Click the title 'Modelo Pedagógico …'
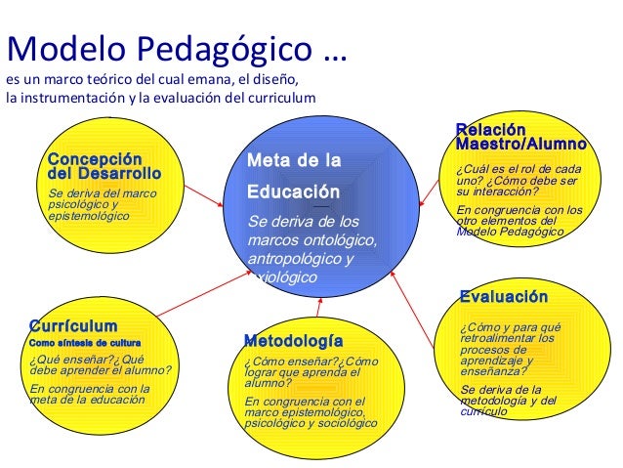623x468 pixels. click(x=177, y=46)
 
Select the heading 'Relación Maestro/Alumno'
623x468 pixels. click(x=520, y=138)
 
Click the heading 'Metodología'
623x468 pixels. click(x=293, y=341)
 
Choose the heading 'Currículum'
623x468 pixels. click(x=73, y=326)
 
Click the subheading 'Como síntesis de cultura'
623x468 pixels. click(x=85, y=343)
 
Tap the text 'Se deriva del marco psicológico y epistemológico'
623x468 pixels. click(x=102, y=204)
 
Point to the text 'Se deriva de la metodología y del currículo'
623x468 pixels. click(x=508, y=401)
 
